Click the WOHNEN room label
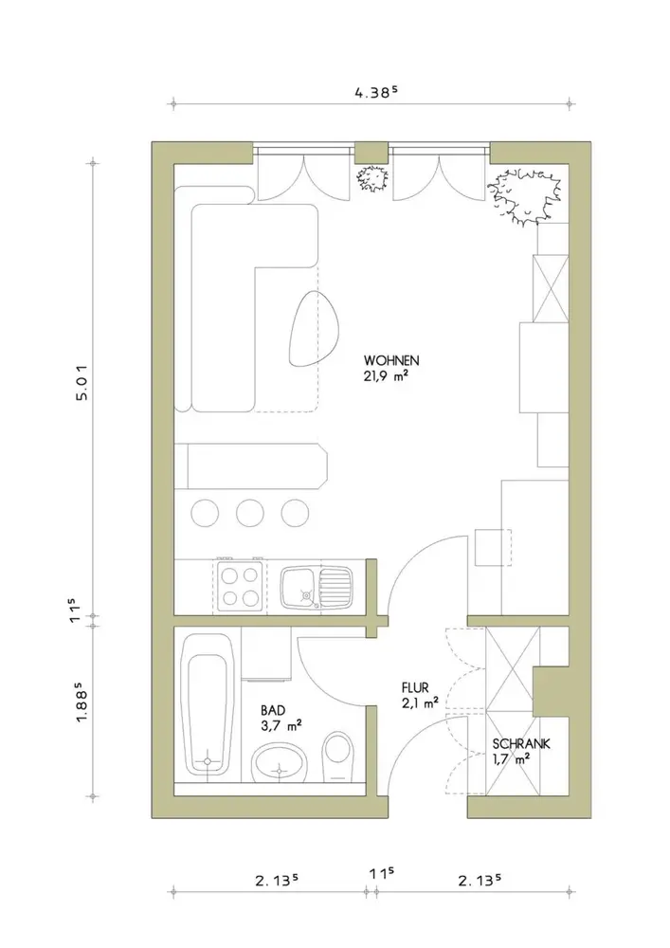[x=390, y=360]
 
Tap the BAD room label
[x=273, y=710]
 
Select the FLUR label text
[x=415, y=688]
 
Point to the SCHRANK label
[x=521, y=744]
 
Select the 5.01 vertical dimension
[x=82, y=381]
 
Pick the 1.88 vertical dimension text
[x=82, y=702]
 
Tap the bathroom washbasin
[x=280, y=762]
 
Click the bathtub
[x=208, y=703]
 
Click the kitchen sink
[x=316, y=587]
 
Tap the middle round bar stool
[x=249, y=513]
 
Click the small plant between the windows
[x=371, y=178]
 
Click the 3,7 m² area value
[x=281, y=726]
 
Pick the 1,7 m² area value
[x=511, y=760]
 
